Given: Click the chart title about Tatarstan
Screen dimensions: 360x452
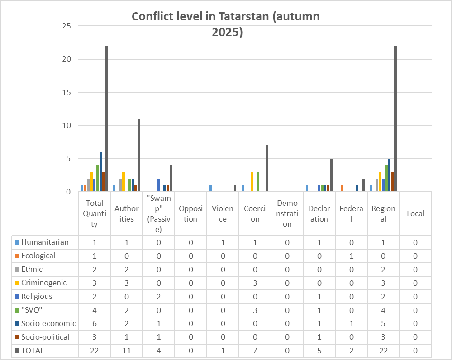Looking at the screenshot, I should (225, 24).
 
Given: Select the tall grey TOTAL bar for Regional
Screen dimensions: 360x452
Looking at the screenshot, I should (396, 118).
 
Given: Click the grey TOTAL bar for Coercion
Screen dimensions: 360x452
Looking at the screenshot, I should (267, 168).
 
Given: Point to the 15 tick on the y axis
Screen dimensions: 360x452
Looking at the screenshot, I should (67, 92).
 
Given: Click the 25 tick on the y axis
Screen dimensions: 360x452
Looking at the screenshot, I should (67, 26).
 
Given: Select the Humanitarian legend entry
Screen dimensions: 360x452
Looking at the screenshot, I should (45, 242).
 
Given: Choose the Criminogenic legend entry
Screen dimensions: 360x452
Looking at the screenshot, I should (44, 283).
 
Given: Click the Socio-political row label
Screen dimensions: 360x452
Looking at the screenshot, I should (45, 337).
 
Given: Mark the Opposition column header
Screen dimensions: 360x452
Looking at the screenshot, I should (190, 213).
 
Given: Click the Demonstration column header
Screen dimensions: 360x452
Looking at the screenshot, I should (287, 213).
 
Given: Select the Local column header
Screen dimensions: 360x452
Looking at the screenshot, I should (415, 213).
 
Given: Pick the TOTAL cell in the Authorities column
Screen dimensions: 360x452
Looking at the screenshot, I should (126, 351).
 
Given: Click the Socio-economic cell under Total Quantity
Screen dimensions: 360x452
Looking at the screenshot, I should (94, 324).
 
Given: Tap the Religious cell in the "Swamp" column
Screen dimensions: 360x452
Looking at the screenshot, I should (158, 297).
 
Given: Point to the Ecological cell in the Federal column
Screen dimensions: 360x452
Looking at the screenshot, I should (351, 256).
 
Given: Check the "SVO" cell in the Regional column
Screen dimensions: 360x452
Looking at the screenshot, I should (383, 310).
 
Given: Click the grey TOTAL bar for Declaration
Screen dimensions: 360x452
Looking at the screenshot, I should (332, 175).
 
